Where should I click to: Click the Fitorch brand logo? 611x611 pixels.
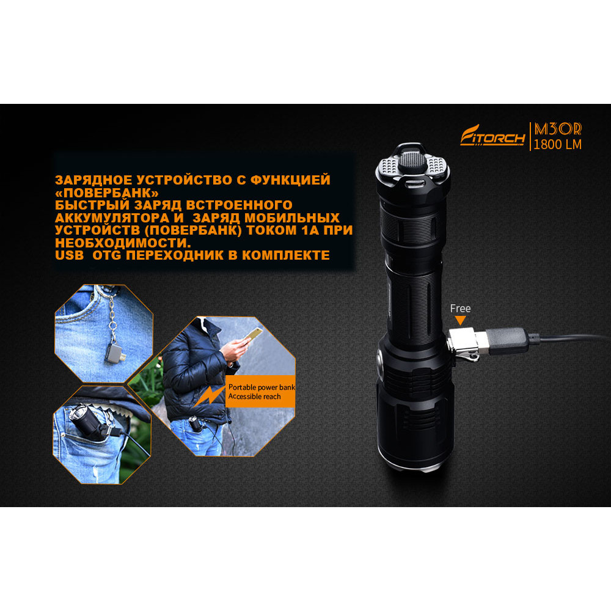coord(492,136)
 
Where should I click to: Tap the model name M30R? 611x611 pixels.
coord(558,129)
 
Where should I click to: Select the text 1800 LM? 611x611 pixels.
coord(557,145)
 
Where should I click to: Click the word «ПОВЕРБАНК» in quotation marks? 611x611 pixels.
coord(107,192)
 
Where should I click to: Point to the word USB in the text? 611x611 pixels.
coord(70,255)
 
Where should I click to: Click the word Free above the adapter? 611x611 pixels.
coord(460,308)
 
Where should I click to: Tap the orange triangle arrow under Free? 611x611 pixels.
coord(460,320)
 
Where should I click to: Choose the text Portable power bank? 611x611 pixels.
coord(262,387)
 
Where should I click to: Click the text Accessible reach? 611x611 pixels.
coord(254,397)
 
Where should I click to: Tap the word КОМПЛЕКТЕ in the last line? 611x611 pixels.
coord(285,255)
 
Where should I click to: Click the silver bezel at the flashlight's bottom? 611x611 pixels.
coord(415,466)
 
